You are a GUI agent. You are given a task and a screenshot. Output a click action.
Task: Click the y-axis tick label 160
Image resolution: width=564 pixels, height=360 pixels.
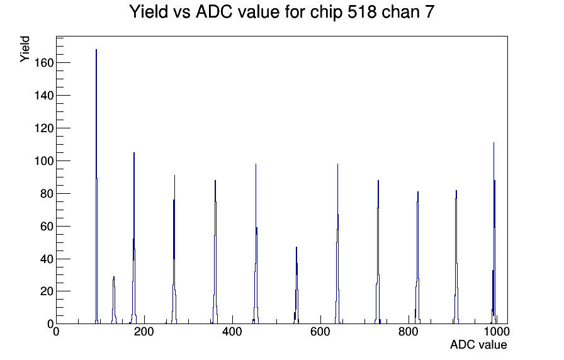click(44, 63)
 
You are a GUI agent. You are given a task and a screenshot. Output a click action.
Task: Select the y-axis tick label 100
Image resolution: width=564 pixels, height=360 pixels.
click(44, 160)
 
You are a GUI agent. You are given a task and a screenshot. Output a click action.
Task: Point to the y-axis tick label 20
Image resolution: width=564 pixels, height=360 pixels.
click(47, 291)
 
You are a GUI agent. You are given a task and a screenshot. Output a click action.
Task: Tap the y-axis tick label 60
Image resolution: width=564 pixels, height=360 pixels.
click(47, 226)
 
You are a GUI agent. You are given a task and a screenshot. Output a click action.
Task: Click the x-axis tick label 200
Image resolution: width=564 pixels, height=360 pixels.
click(144, 332)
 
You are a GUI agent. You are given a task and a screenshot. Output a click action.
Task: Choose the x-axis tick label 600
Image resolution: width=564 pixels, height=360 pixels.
click(320, 332)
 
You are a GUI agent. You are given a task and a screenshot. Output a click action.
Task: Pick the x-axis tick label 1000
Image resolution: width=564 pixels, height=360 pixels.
click(497, 332)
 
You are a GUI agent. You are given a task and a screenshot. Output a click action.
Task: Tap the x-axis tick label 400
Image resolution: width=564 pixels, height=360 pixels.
click(232, 332)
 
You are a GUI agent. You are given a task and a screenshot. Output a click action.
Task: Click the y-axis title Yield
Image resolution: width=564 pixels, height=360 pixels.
click(25, 49)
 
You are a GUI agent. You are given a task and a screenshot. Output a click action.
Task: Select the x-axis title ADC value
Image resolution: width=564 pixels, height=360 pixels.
click(478, 344)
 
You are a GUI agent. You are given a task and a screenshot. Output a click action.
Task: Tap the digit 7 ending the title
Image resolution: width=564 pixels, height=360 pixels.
click(430, 12)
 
